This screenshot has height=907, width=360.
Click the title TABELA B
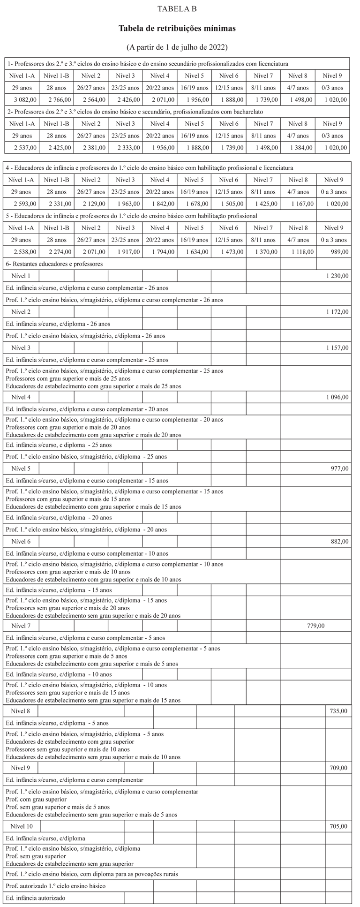pyautogui.click(x=177, y=9)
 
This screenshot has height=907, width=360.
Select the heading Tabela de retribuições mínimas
pyautogui.click(x=177, y=29)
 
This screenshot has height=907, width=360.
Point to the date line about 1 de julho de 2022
pyautogui.click(x=177, y=47)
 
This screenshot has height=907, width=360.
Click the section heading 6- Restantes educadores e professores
pyautogui.click(x=54, y=264)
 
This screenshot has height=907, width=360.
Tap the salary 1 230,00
pyautogui.click(x=337, y=276)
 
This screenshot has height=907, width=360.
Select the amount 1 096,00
pyautogui.click(x=337, y=397)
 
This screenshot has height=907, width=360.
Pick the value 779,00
pyautogui.click(x=315, y=626)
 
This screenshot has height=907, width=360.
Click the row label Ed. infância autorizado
pyautogui.click(x=36, y=898)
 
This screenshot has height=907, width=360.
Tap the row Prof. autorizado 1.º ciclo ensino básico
pyautogui.click(x=55, y=885)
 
